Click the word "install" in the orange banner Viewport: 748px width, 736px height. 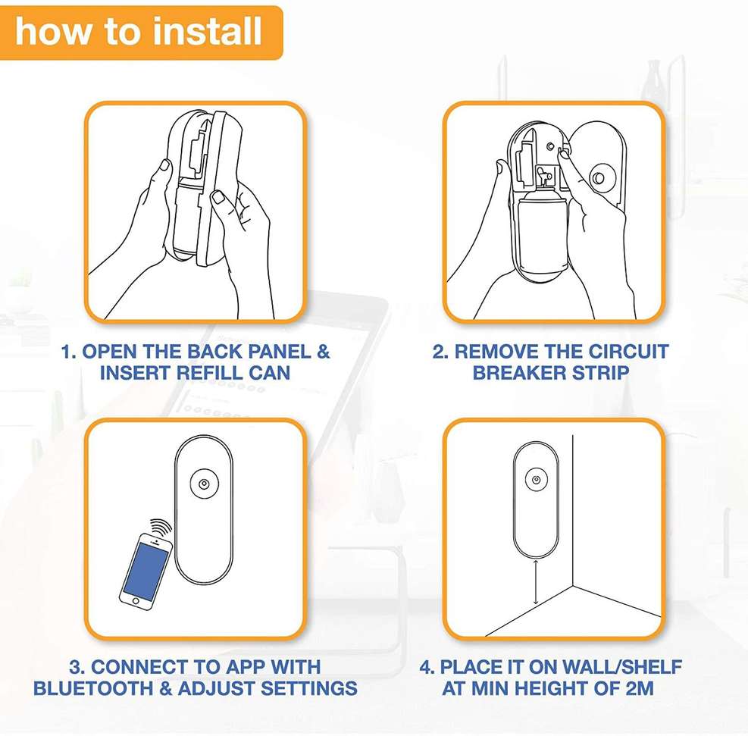tap(207, 31)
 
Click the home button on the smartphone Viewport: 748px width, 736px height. tap(136, 601)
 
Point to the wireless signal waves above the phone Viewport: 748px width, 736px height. tap(161, 528)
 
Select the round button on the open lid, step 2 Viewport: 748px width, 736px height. tap(597, 178)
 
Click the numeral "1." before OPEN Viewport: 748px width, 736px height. tap(69, 352)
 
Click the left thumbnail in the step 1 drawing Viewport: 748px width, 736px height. tap(165, 165)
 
